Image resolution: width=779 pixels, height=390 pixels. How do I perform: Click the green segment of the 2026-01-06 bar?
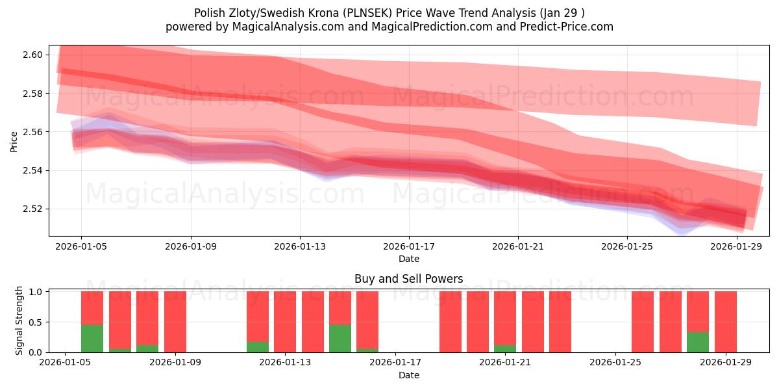[92, 338]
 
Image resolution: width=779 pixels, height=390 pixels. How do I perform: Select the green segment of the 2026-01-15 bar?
[340, 338]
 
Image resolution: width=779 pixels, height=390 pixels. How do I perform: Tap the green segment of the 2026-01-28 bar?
[698, 342]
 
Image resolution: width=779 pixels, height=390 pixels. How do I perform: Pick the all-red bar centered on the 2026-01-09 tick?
[175, 322]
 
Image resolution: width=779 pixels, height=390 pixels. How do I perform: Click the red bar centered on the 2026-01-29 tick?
[726, 322]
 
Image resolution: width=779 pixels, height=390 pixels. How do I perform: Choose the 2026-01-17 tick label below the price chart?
[408, 246]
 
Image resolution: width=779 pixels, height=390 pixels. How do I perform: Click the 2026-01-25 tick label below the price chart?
[626, 246]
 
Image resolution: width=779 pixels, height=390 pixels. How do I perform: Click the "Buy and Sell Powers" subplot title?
[408, 279]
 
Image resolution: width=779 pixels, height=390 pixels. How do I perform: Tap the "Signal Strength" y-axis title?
[19, 320]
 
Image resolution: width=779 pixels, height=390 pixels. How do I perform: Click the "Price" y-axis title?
[14, 140]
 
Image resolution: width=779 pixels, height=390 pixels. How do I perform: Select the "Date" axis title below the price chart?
[408, 259]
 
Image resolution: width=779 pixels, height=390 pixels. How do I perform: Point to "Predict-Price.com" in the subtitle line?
[569, 27]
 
